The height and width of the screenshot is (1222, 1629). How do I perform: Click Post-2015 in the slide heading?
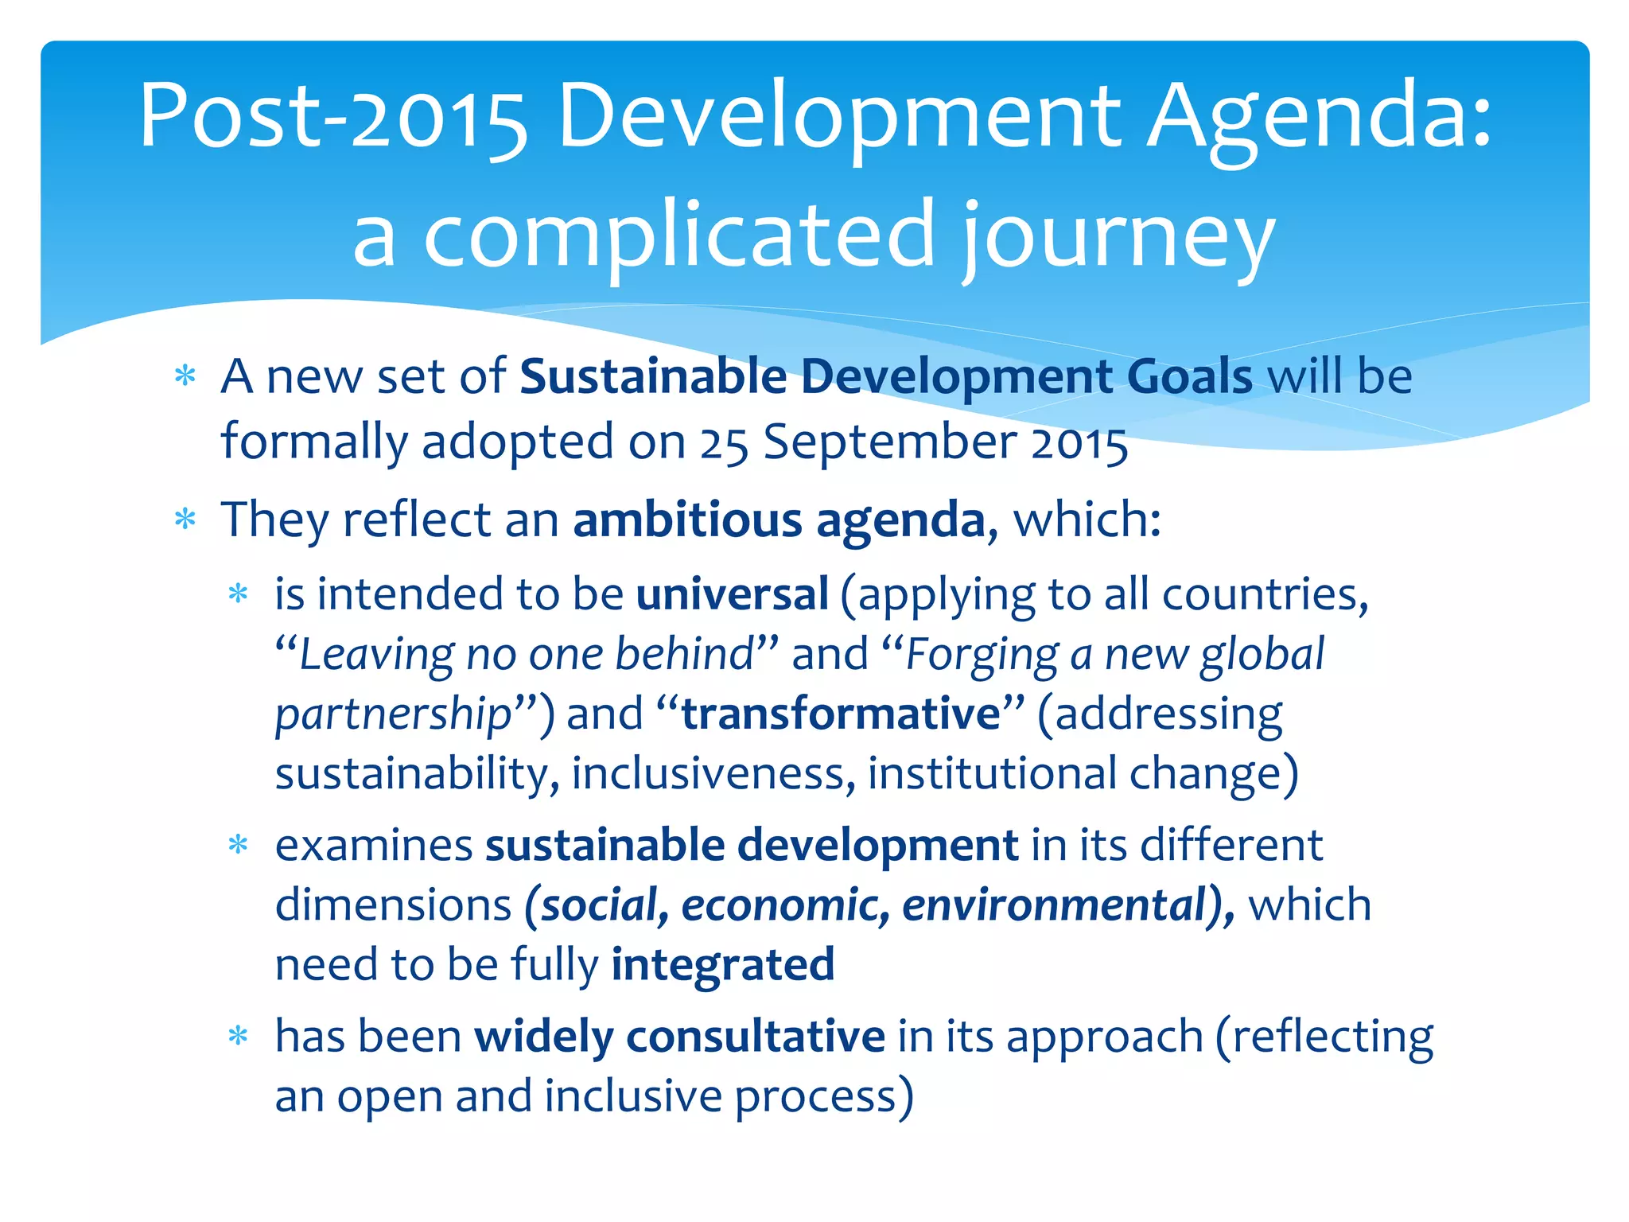(332, 118)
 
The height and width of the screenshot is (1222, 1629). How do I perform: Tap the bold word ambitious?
(687, 520)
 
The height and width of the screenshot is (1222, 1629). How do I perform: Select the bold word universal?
(732, 594)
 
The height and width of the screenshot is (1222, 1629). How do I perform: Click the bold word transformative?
(841, 713)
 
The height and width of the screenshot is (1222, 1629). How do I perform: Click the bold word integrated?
(723, 965)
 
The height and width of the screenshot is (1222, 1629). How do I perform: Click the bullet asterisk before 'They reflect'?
(185, 520)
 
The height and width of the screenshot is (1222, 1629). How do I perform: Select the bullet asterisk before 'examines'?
(238, 845)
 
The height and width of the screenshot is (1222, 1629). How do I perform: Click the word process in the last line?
(816, 1098)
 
